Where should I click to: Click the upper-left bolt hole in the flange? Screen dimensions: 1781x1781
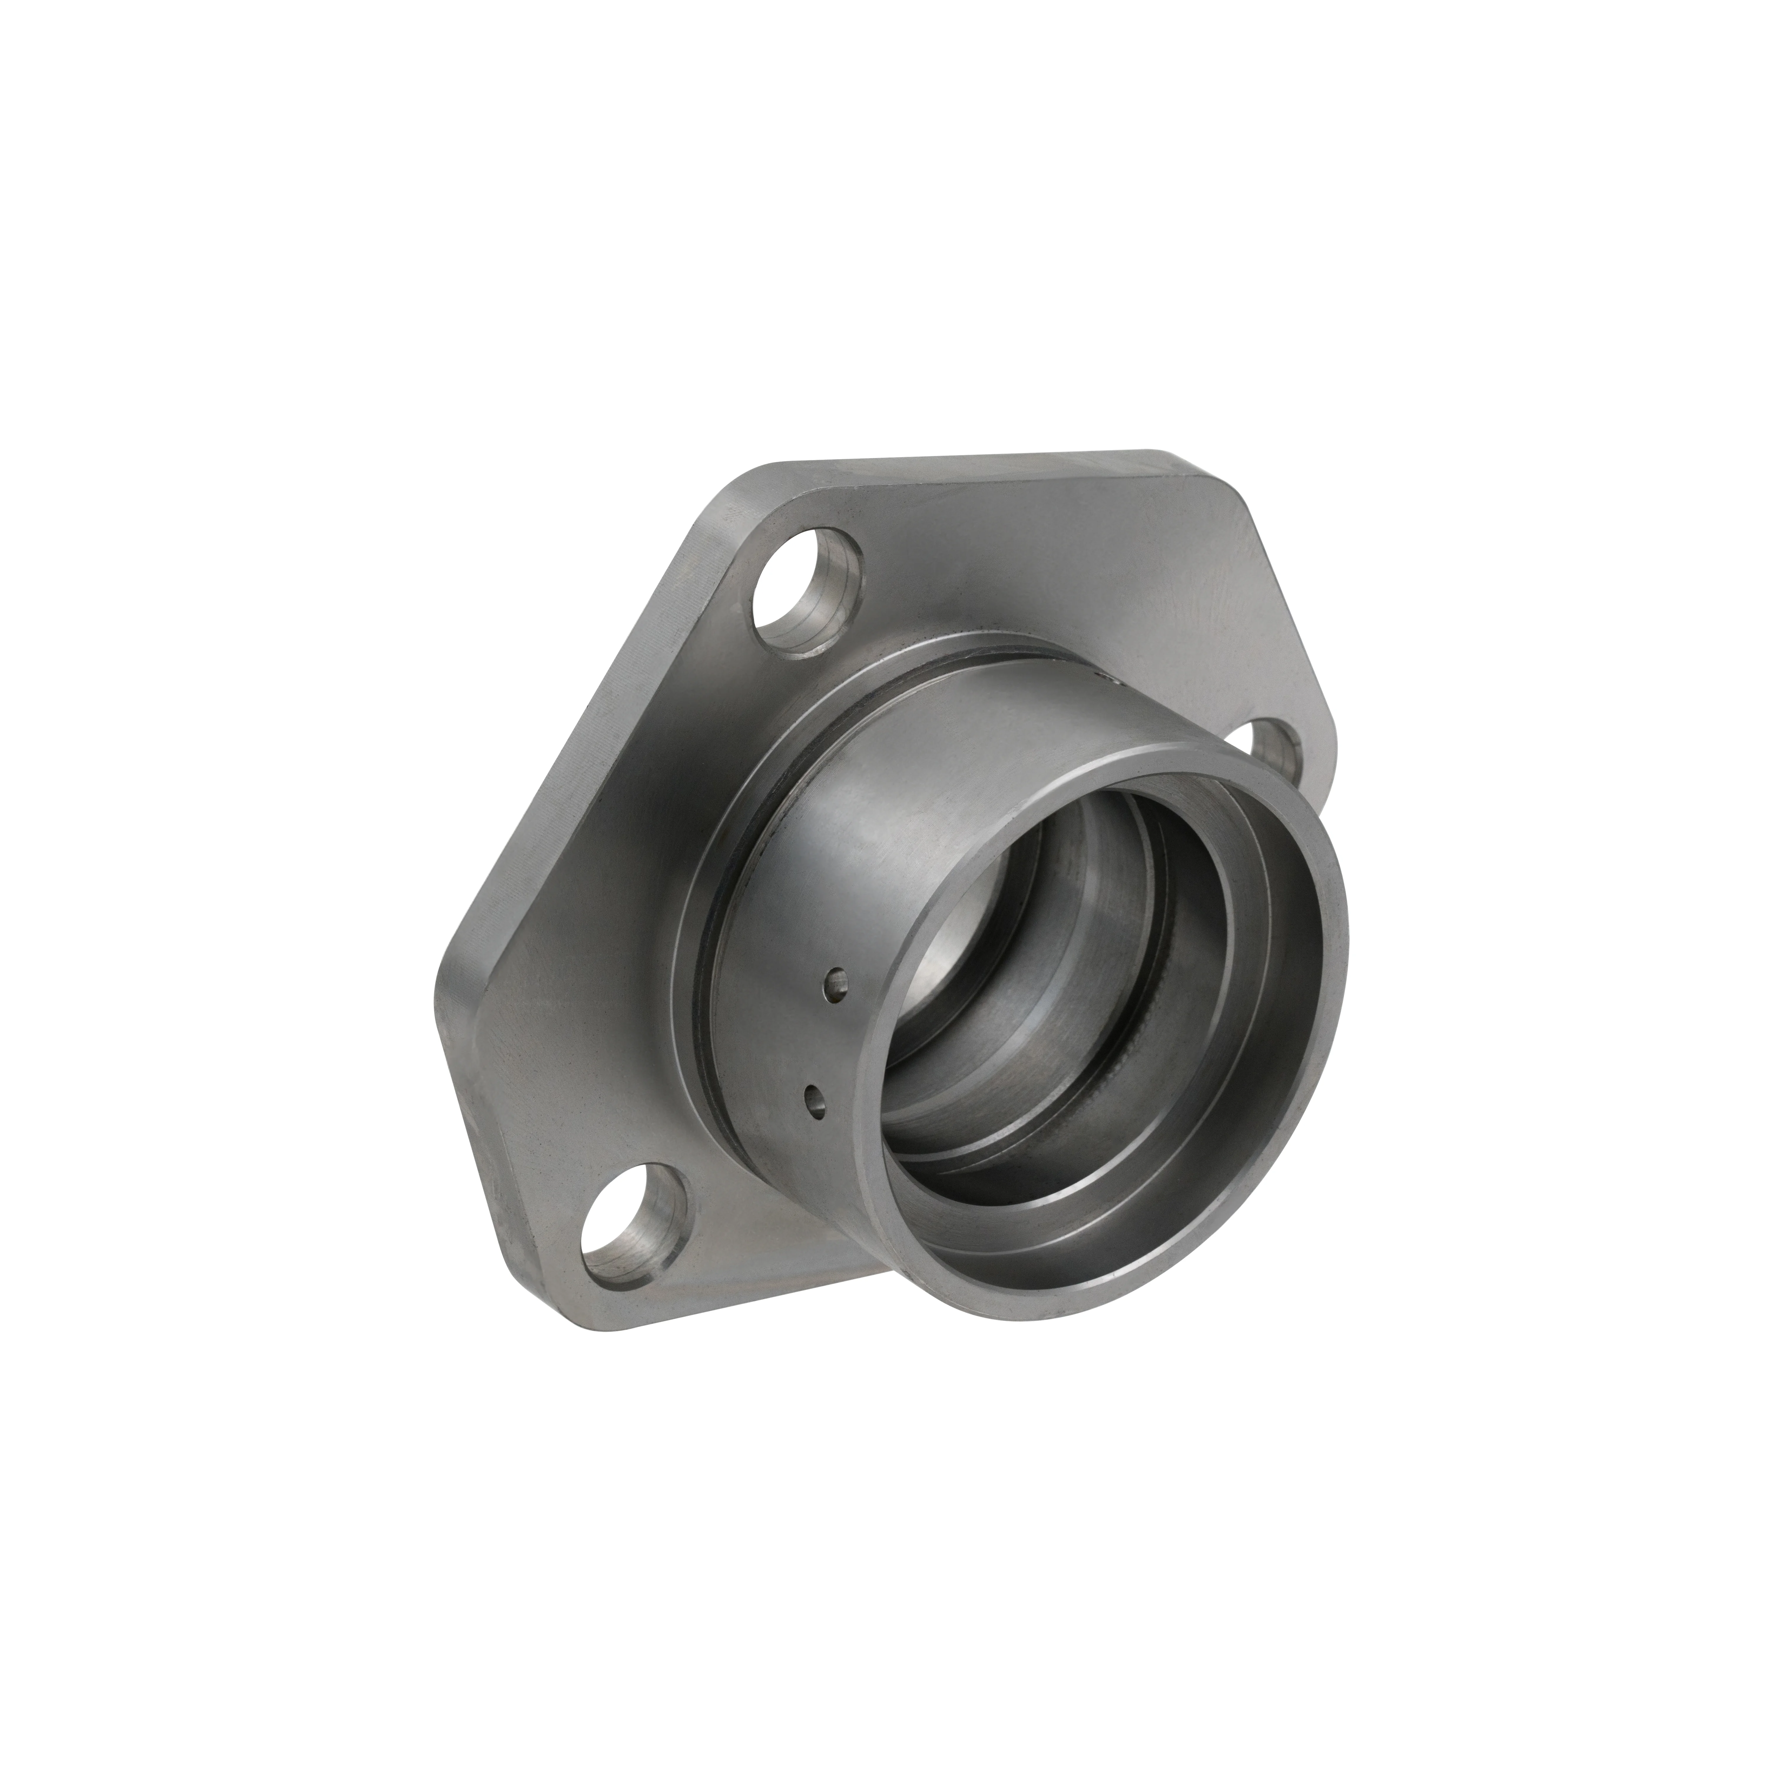coord(807,590)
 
